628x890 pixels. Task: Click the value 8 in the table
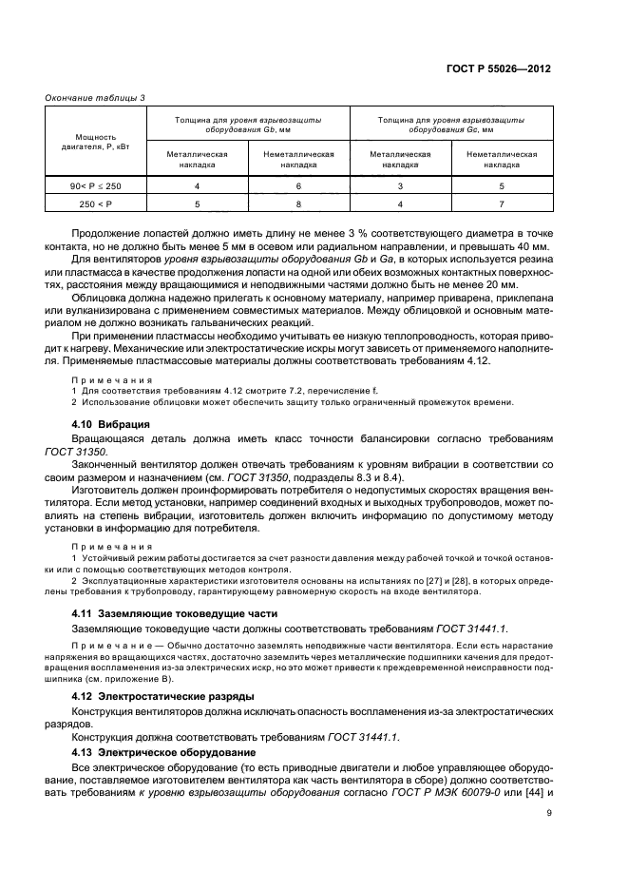(x=298, y=203)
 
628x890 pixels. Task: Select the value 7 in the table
(x=501, y=203)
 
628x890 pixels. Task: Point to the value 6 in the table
(x=298, y=186)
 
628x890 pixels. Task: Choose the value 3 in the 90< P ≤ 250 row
(x=400, y=186)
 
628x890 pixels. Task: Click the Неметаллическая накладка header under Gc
(x=501, y=159)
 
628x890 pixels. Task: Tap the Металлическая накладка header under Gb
(x=197, y=159)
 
